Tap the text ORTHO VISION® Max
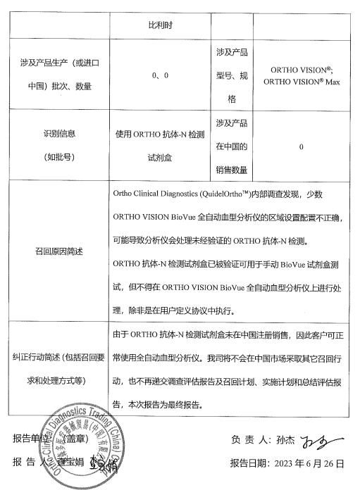(301, 82)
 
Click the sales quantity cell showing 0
(301, 147)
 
